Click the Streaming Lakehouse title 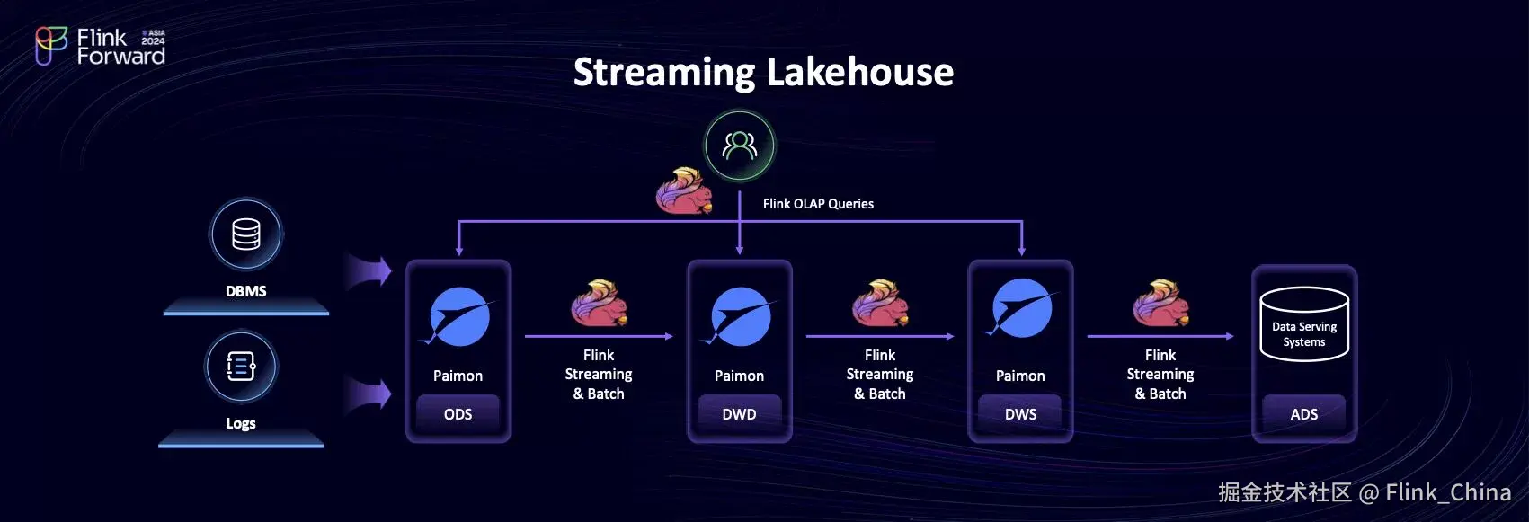coord(763,72)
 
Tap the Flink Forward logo coord(100,47)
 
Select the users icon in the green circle coord(740,146)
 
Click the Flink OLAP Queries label coord(818,204)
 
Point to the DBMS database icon coord(245,234)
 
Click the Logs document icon coord(241,367)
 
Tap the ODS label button coord(458,414)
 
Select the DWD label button coord(739,414)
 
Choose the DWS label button coord(1020,414)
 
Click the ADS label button coord(1303,414)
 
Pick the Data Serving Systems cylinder coord(1303,324)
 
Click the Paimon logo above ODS coord(458,317)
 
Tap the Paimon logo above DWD coord(740,317)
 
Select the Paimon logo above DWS coord(1021,309)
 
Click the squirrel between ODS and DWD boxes coord(599,303)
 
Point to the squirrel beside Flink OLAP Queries coord(684,190)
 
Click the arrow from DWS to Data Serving coord(1160,336)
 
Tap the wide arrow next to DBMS coord(369,270)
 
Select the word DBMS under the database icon coord(245,291)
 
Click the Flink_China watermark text coord(1447,492)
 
